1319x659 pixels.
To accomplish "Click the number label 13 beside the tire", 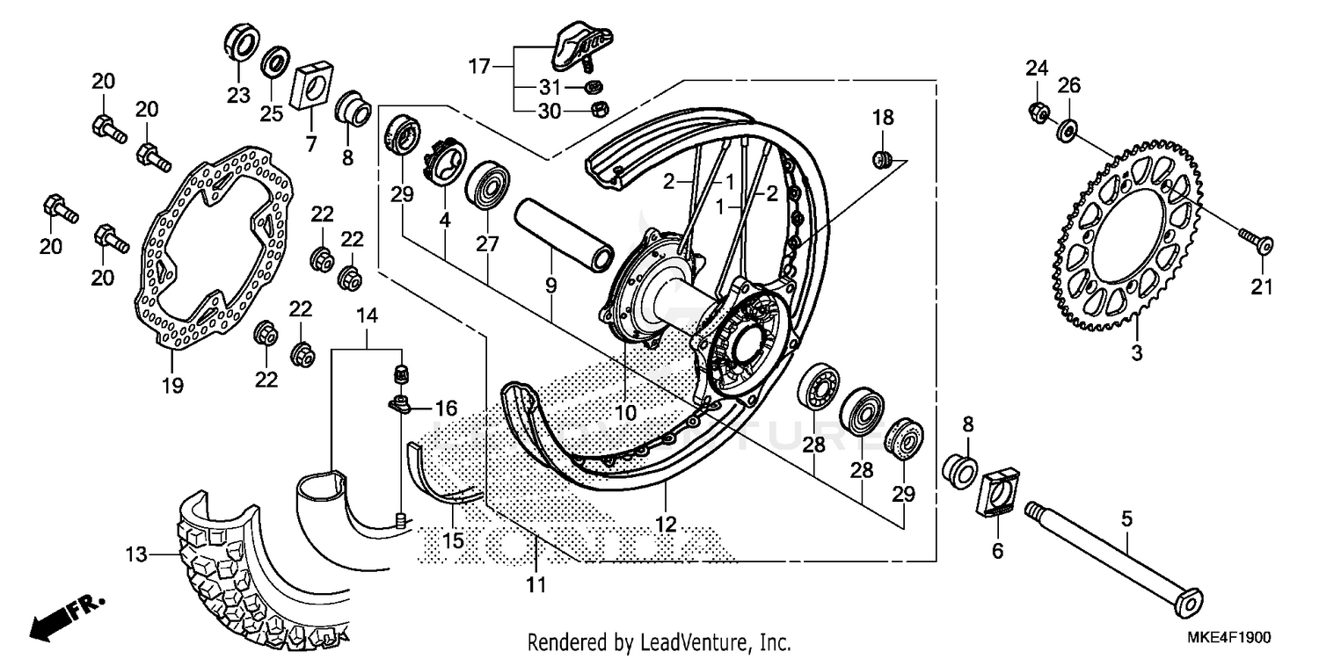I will (137, 554).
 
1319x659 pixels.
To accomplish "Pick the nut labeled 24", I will (1038, 112).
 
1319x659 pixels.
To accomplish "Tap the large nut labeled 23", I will (241, 44).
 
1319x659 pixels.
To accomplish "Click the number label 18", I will (882, 118).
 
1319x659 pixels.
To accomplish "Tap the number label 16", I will (446, 408).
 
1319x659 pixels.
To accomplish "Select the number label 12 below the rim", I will (666, 525).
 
